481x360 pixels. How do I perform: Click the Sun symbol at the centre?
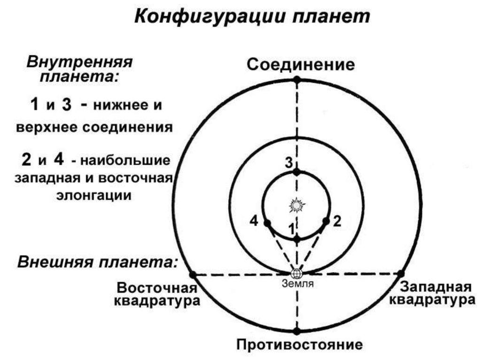tap(296, 205)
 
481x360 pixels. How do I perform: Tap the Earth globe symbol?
tap(296, 273)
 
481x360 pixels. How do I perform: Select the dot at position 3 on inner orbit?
tap(296, 173)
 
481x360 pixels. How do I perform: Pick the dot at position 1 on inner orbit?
tap(296, 239)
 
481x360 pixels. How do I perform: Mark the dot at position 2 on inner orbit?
tap(326, 221)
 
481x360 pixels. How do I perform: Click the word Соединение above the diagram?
tap(301, 64)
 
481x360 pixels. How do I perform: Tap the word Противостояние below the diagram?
tap(299, 345)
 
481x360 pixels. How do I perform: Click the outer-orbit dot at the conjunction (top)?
tap(297, 79)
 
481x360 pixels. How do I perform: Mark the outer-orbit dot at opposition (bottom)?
tap(296, 331)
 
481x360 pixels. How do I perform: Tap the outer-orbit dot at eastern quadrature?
tap(192, 274)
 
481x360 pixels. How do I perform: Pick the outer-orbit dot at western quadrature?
tap(401, 273)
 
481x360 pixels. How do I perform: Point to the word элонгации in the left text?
tap(95, 195)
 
